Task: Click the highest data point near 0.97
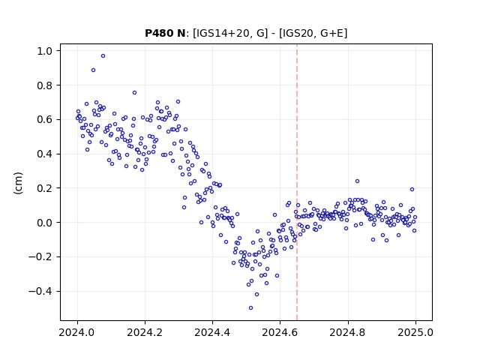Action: pyautogui.click(x=103, y=56)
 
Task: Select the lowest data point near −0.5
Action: pyautogui.click(x=250, y=308)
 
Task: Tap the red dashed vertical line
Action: pyautogui.click(x=297, y=182)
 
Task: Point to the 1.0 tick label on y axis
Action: pyautogui.click(x=45, y=51)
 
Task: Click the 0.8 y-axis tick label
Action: pyautogui.click(x=45, y=85)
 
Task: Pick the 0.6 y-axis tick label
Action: pyautogui.click(x=45, y=120)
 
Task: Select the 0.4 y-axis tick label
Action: pyautogui.click(x=45, y=154)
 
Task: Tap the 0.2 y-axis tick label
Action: pyautogui.click(x=45, y=188)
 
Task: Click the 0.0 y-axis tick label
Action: pyautogui.click(x=45, y=223)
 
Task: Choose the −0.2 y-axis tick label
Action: pyautogui.click(x=40, y=256)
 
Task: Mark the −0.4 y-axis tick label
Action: pyautogui.click(x=40, y=291)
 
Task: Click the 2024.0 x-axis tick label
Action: pyautogui.click(x=76, y=332)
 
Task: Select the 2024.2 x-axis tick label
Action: pyautogui.click(x=145, y=332)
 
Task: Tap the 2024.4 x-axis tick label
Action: pyautogui.click(x=212, y=332)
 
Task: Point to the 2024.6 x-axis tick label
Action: pyautogui.click(x=280, y=332)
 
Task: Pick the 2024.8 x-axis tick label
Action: pyautogui.click(x=347, y=332)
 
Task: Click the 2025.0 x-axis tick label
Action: pyautogui.click(x=415, y=332)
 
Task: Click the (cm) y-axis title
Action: pyautogui.click(x=18, y=183)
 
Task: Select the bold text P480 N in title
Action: pyautogui.click(x=165, y=33)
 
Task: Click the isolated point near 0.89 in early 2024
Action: pyautogui.click(x=93, y=70)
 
